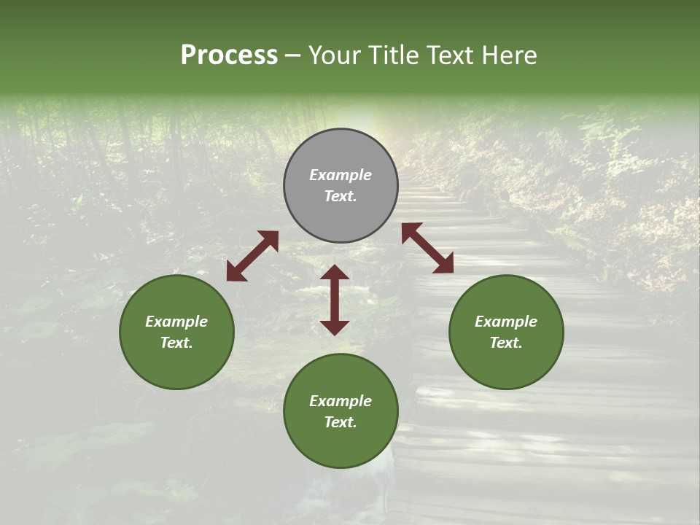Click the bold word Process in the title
229,55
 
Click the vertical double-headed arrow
335,300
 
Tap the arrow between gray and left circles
252,256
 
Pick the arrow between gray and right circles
428,248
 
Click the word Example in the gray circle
341,175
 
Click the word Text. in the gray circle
341,196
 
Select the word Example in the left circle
176,322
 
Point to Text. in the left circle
176,343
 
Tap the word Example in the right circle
506,322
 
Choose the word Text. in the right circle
506,343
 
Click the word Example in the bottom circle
341,401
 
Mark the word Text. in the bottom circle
341,422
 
